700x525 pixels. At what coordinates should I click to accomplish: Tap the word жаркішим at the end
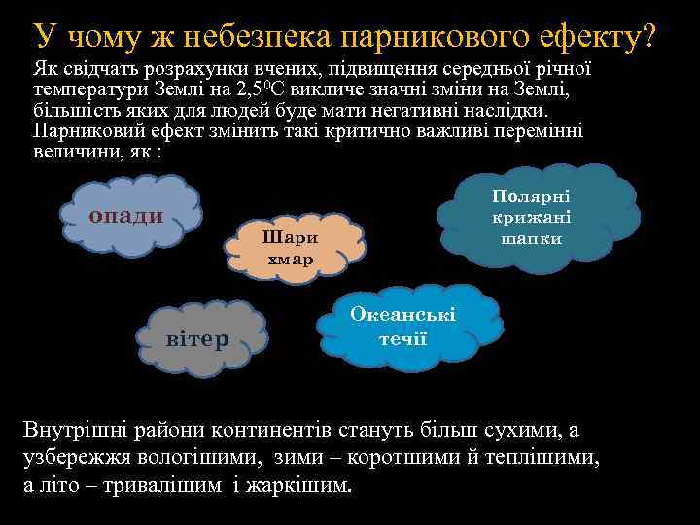pos(302,485)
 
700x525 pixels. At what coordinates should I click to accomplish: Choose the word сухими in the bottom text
pos(515,429)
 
